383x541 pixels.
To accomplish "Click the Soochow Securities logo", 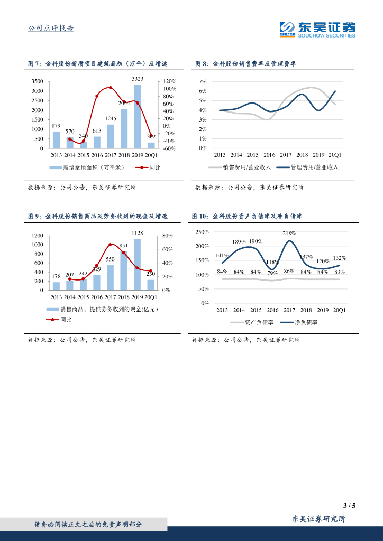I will [317, 29].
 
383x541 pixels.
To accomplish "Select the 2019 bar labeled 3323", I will [138, 116].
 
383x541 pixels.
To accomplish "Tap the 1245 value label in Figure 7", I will [111, 119].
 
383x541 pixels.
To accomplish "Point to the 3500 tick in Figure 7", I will [37, 81].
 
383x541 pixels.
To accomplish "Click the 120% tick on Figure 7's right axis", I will [169, 81].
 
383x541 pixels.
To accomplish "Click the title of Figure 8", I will [245, 63].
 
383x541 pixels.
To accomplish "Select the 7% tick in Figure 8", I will [202, 82].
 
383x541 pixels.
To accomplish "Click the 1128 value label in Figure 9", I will [137, 232].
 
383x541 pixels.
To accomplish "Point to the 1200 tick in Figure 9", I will [37, 236].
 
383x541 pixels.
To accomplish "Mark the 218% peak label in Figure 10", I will [289, 233].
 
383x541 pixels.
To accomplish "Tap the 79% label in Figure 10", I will [272, 273].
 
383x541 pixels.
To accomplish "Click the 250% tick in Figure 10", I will [202, 232].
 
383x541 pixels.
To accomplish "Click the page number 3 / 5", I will [350, 506].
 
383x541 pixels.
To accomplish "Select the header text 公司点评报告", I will [51, 29].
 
